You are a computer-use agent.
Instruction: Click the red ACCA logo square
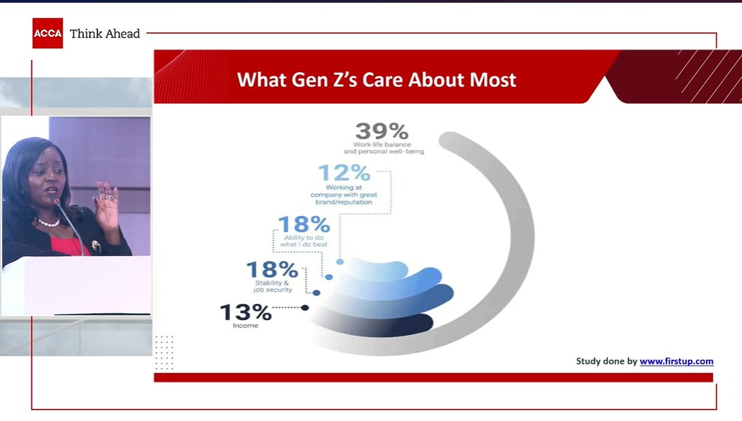pyautogui.click(x=47, y=33)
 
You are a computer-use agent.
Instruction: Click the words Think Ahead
pyautogui.click(x=105, y=33)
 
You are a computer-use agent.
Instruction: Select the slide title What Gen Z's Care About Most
pyautogui.click(x=376, y=80)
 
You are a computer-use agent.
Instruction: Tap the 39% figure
pyautogui.click(x=382, y=131)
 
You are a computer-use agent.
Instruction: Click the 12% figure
pyautogui.click(x=344, y=173)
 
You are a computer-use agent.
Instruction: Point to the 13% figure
pyautogui.click(x=245, y=313)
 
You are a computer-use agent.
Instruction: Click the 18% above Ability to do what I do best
pyautogui.click(x=303, y=224)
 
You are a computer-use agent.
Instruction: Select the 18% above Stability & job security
pyautogui.click(x=272, y=270)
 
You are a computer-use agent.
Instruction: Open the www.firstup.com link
pyautogui.click(x=676, y=362)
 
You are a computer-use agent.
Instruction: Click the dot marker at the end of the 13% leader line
pyautogui.click(x=305, y=308)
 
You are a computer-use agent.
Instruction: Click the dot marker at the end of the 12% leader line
pyautogui.click(x=340, y=262)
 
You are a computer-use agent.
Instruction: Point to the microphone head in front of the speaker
pyautogui.click(x=57, y=202)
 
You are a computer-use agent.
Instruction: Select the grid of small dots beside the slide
pyautogui.click(x=164, y=352)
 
